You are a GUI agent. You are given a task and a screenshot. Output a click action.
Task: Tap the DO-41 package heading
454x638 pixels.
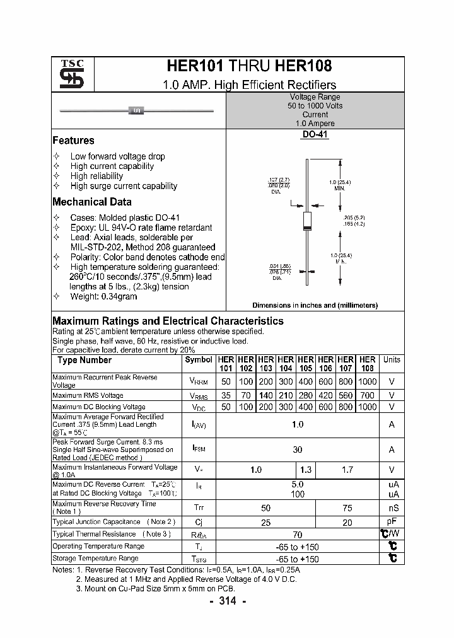click(x=315, y=134)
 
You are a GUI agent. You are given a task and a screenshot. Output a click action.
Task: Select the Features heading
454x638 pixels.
click(x=73, y=141)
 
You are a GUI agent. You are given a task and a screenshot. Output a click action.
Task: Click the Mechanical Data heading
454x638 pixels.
click(x=91, y=202)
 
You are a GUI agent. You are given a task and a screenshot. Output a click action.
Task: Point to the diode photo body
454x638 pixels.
click(x=136, y=112)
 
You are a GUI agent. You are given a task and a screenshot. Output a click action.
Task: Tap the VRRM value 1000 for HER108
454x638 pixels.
click(x=367, y=381)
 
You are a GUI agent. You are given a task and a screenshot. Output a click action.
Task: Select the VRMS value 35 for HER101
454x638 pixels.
click(x=226, y=395)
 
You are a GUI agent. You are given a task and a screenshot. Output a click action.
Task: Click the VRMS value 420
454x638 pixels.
click(x=325, y=395)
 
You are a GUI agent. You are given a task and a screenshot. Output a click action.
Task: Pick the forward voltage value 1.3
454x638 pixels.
click(x=306, y=470)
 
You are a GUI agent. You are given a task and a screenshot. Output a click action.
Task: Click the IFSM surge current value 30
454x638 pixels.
click(x=298, y=449)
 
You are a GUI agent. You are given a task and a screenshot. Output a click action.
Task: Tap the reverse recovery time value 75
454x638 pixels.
click(x=347, y=507)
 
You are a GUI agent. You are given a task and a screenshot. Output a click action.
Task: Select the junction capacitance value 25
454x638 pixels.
click(x=266, y=522)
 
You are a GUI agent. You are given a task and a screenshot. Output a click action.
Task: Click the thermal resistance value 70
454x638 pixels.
click(x=298, y=535)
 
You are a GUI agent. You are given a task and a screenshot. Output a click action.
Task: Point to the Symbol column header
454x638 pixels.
click(x=199, y=360)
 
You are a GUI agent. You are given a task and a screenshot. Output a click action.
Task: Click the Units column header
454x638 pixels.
click(x=392, y=360)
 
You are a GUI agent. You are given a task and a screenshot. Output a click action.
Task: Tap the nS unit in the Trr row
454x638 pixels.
click(x=392, y=507)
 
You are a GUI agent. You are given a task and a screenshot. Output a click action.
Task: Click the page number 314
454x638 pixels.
click(x=227, y=601)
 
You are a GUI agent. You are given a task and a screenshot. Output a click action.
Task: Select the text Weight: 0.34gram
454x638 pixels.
click(x=103, y=296)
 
